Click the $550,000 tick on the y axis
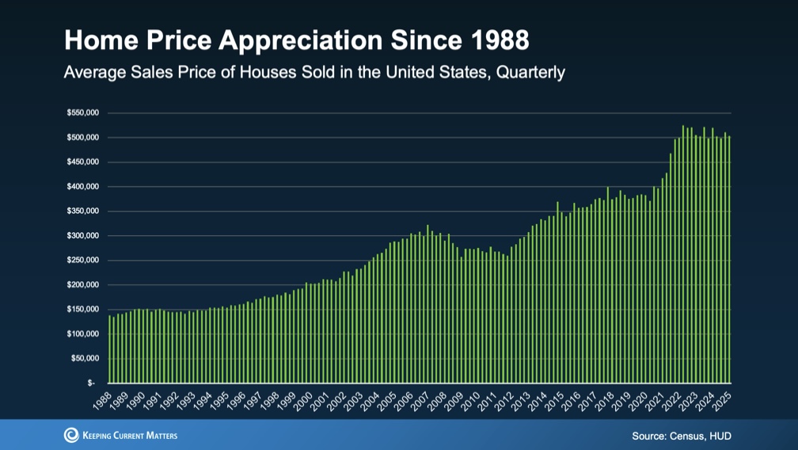[x=82, y=113]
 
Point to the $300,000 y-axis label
[x=82, y=236]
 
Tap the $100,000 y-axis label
[x=82, y=334]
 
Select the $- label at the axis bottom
[x=92, y=383]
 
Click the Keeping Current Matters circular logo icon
[x=71, y=435]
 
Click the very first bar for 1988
[x=109, y=349]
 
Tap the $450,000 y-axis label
[x=82, y=162]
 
